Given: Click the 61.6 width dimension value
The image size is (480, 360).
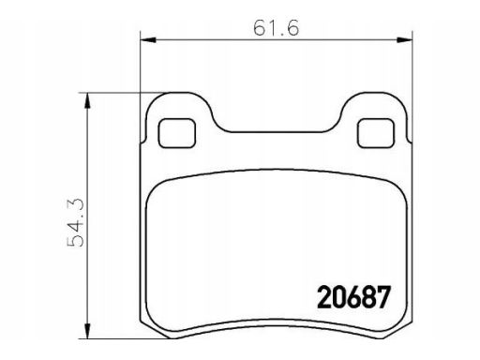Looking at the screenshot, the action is pyautogui.click(x=276, y=27).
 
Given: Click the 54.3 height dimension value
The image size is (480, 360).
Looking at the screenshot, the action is pyautogui.click(x=76, y=222).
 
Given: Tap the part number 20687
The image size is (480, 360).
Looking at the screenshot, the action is pyautogui.click(x=354, y=297).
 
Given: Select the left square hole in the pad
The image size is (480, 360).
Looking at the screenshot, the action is pyautogui.click(x=177, y=133).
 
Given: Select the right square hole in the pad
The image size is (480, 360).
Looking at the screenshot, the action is pyautogui.click(x=376, y=133).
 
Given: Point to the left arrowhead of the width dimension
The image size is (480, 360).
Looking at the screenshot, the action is pyautogui.click(x=148, y=40).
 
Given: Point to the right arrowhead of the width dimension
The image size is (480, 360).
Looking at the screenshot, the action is pyautogui.click(x=405, y=40).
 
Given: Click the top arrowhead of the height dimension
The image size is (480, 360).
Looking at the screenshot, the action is pyautogui.click(x=88, y=100).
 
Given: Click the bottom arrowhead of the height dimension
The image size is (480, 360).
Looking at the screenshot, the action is pyautogui.click(x=88, y=331).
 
